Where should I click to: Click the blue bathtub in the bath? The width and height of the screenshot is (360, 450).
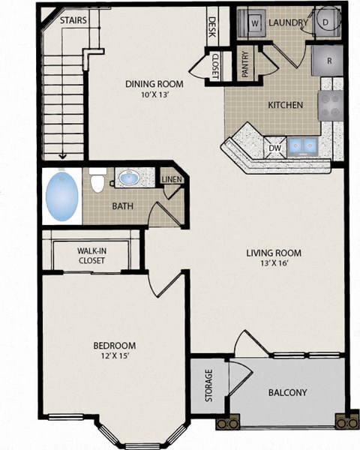pos(61,194)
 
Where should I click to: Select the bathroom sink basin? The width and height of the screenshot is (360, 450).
pos(128,178)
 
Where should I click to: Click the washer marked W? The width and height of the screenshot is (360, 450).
pos(255,22)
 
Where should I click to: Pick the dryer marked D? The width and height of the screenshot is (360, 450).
pos(327,22)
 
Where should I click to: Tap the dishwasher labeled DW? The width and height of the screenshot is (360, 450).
pos(274,148)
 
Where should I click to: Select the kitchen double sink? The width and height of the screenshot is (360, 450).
pos(302,145)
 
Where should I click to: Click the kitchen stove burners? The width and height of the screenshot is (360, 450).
pos(330,105)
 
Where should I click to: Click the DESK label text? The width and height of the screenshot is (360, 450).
pos(212,28)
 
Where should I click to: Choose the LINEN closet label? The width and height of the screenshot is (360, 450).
pos(172,179)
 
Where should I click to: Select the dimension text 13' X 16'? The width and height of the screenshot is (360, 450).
pos(273,264)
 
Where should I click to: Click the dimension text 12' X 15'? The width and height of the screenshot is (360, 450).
pos(114,356)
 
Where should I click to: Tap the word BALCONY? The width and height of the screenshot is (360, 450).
pos(287,392)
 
